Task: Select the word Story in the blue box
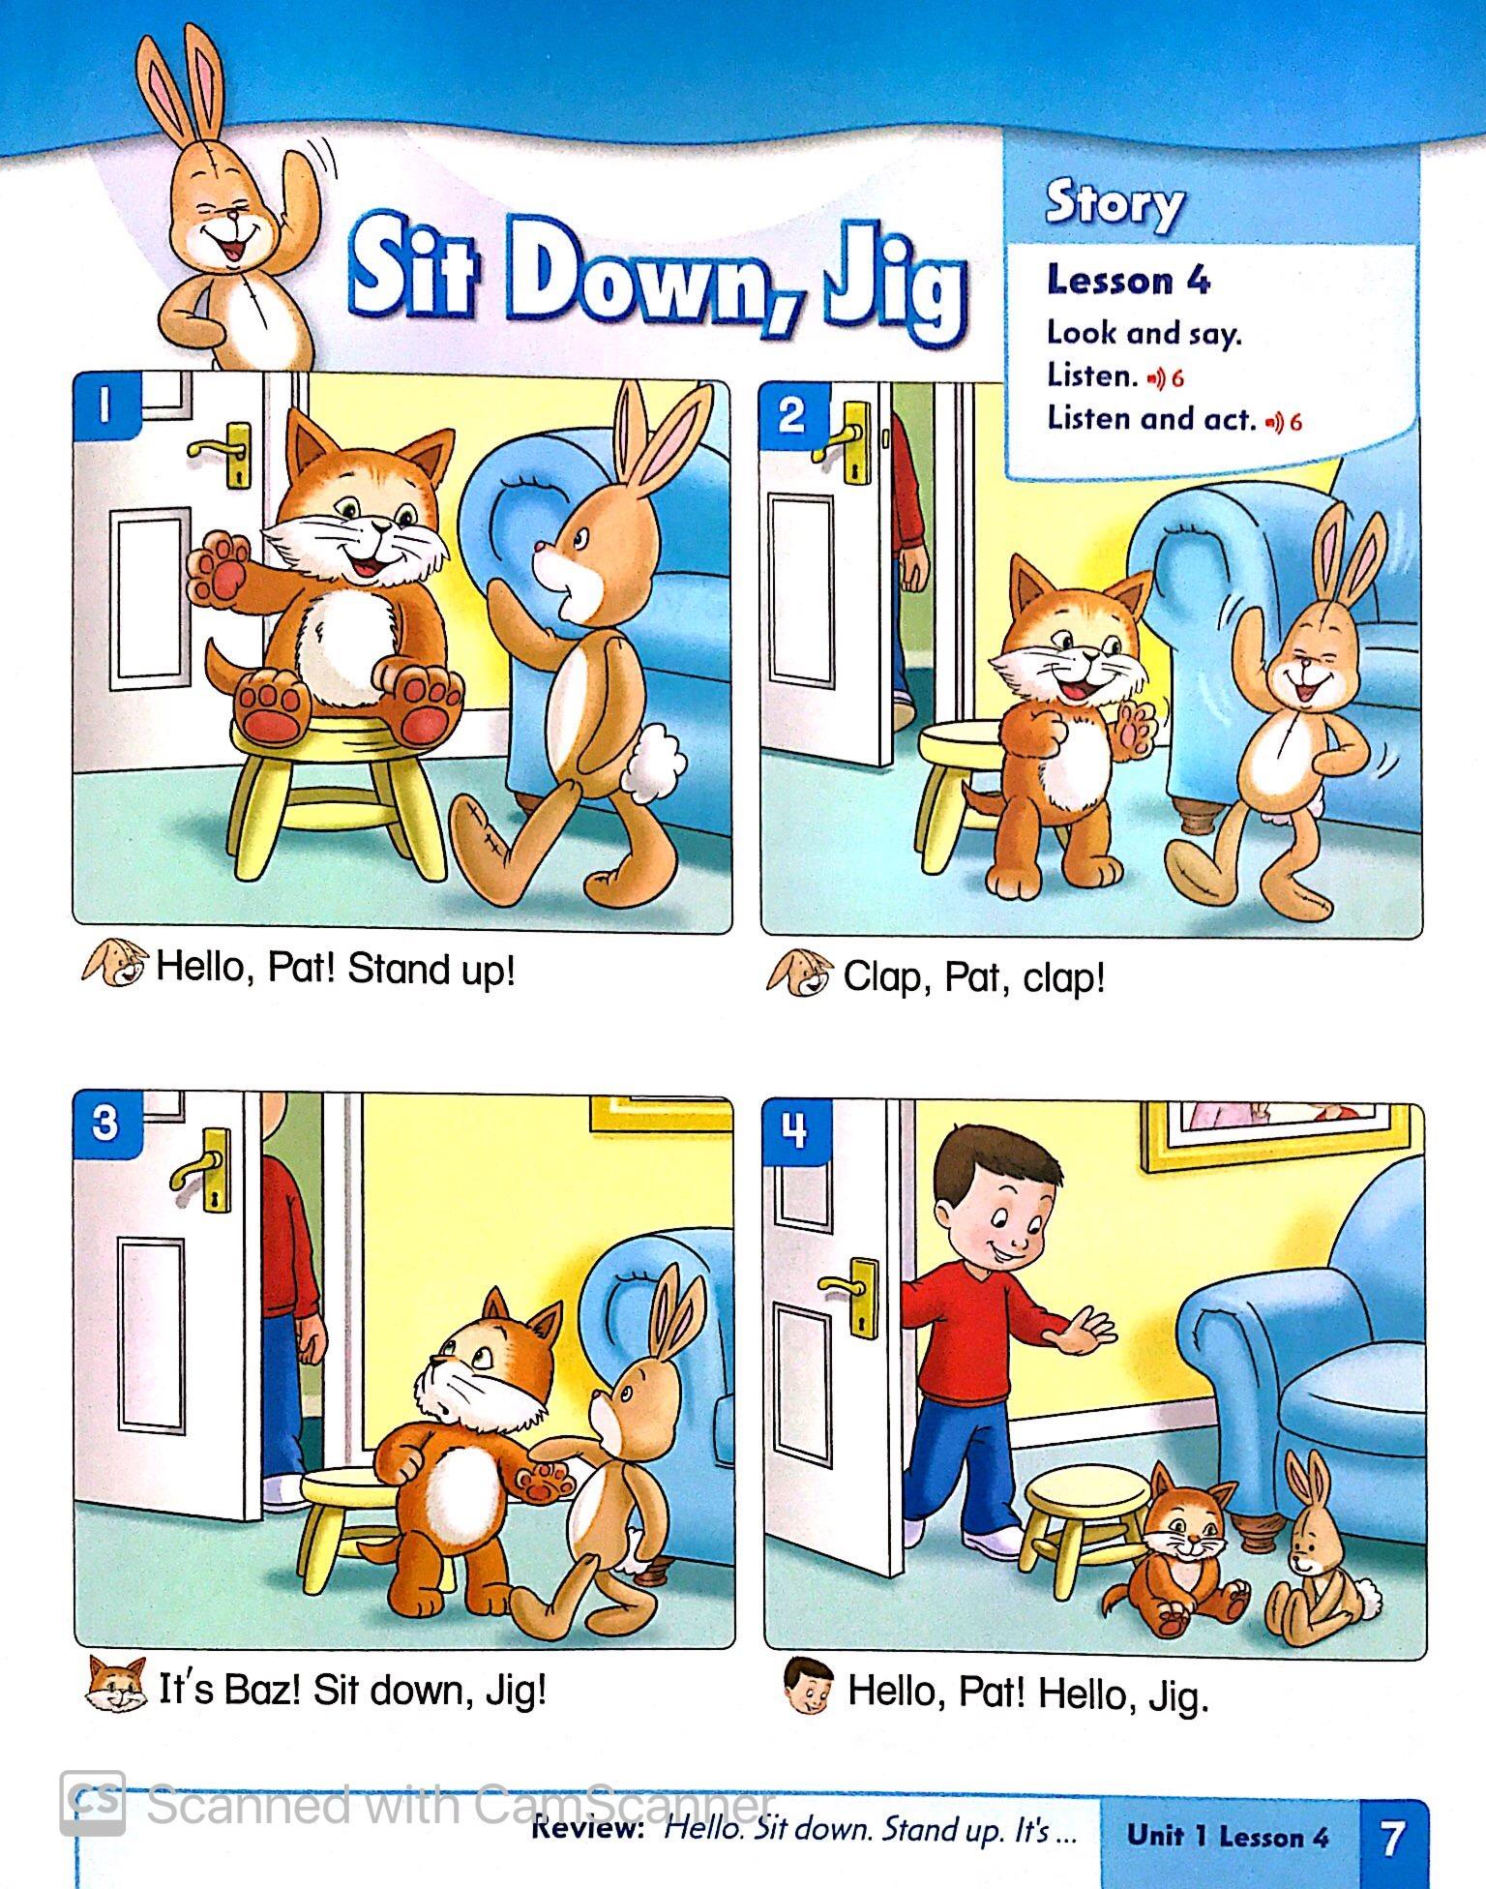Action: click(1114, 205)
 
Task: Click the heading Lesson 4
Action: click(1128, 281)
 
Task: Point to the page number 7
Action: click(1392, 1839)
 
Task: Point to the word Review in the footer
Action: click(588, 1829)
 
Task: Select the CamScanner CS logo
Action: click(93, 1803)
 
